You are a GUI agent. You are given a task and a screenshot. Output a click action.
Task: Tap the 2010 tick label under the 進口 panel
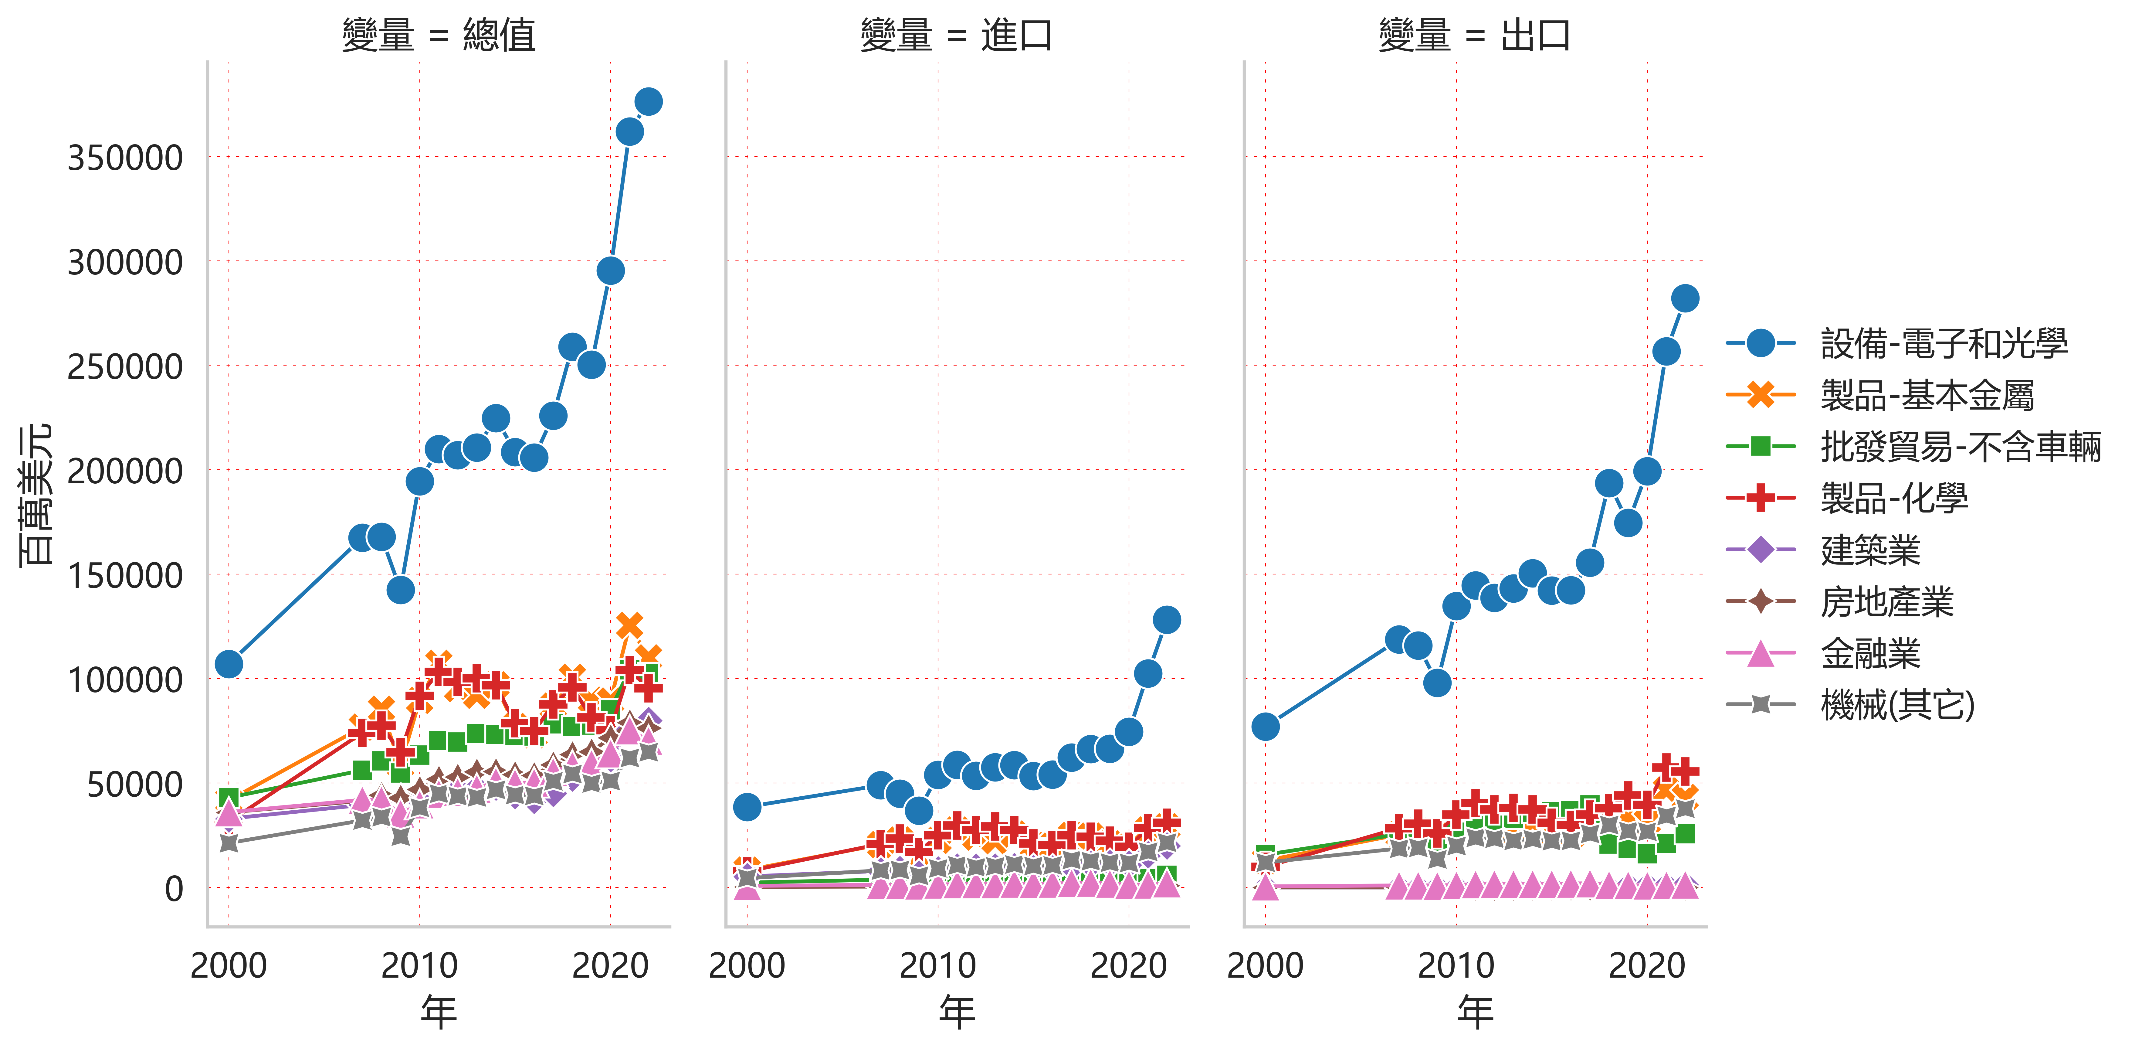click(938, 965)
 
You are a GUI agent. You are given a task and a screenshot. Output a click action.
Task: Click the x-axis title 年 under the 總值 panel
click(439, 1011)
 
